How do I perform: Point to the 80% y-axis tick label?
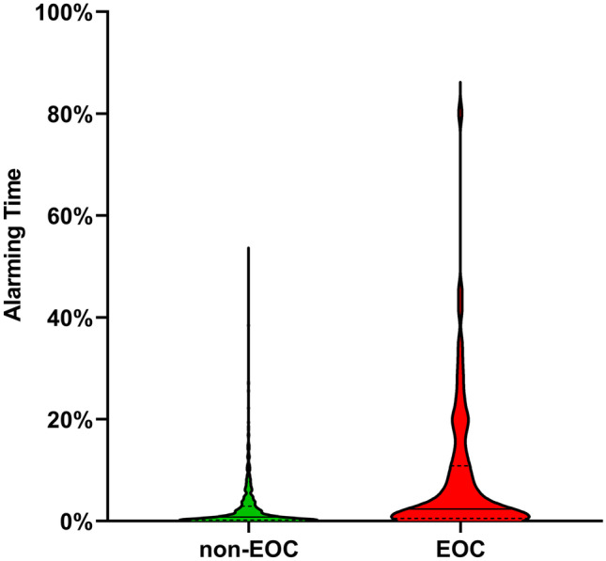pyautogui.click(x=62, y=115)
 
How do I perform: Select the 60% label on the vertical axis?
pyautogui.click(x=62, y=216)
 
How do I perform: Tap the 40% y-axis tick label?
pyautogui.click(x=62, y=318)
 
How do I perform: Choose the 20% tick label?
pyautogui.click(x=62, y=419)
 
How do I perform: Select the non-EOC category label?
pyautogui.click(x=248, y=546)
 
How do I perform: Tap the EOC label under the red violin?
pyautogui.click(x=460, y=546)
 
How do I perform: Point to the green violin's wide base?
pyautogui.click(x=248, y=517)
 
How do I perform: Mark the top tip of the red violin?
pyautogui.click(x=460, y=83)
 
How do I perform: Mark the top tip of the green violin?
pyautogui.click(x=248, y=248)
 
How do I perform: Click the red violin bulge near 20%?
pyautogui.click(x=460, y=417)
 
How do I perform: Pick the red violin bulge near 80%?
pyautogui.click(x=460, y=113)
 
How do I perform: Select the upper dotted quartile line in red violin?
pyautogui.click(x=460, y=465)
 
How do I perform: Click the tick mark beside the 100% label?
pyautogui.click(x=97, y=13)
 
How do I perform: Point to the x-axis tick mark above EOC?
pyautogui.click(x=460, y=526)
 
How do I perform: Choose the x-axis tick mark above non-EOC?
pyautogui.click(x=248, y=526)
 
